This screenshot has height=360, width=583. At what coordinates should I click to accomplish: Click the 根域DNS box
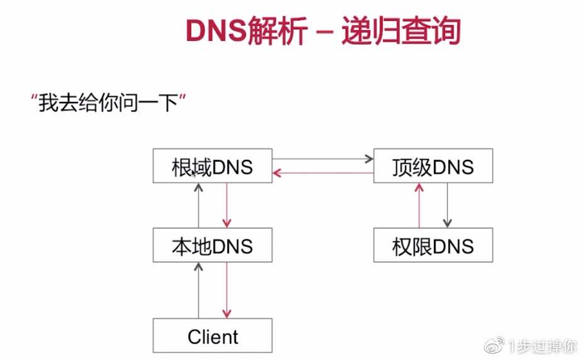212,166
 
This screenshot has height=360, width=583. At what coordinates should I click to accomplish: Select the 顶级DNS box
433,166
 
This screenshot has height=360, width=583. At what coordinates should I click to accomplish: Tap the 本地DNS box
212,245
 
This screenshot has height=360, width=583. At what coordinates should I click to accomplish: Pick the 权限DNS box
433,245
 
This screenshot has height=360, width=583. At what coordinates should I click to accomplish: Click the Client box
212,335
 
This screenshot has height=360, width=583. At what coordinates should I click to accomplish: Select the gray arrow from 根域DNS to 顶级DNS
322,160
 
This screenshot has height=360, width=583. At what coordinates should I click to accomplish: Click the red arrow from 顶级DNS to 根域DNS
322,172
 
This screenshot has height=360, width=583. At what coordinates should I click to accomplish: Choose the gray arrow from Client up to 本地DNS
198,290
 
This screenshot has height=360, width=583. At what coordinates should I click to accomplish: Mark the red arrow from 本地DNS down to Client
227,290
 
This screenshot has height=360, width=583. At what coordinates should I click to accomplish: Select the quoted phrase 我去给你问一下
110,103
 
